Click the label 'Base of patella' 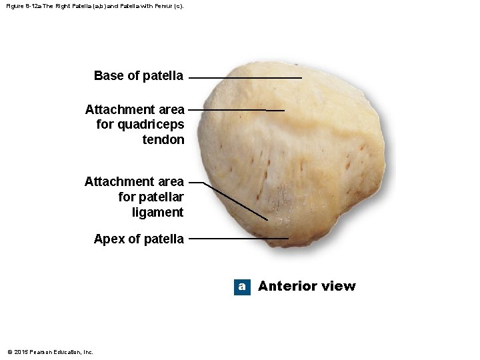click(139, 76)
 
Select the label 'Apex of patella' click(139, 239)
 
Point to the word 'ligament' click(158, 213)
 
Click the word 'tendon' click(163, 139)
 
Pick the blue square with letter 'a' click(242, 287)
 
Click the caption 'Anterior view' click(307, 286)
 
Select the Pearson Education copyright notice click(50, 352)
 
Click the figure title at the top click(94, 6)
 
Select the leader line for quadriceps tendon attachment click(233, 109)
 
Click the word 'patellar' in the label click(151, 197)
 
